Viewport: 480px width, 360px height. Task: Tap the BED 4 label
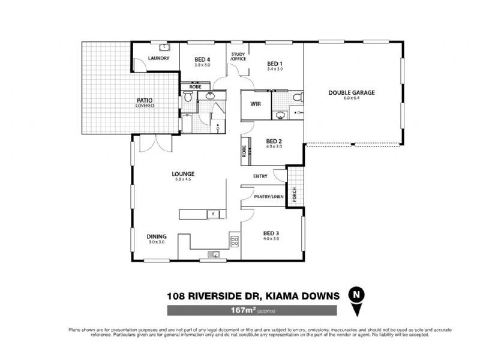click(203, 59)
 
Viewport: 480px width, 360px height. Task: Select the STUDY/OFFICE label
click(239, 57)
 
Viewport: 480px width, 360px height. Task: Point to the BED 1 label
click(274, 64)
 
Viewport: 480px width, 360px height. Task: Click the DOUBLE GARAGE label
click(351, 92)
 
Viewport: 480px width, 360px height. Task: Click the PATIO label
click(144, 101)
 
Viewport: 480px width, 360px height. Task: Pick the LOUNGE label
click(185, 174)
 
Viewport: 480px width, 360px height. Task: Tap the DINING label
click(157, 236)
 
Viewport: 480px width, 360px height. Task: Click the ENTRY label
click(260, 176)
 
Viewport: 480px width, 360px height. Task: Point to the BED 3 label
click(271, 233)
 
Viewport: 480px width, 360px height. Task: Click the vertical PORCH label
click(294, 194)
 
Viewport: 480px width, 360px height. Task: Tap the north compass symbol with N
click(357, 295)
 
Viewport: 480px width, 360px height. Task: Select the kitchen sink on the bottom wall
click(214, 254)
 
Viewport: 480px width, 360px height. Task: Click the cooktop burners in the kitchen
click(234, 242)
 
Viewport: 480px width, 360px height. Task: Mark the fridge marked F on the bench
click(212, 214)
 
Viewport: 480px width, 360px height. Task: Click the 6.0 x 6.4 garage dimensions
click(351, 98)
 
